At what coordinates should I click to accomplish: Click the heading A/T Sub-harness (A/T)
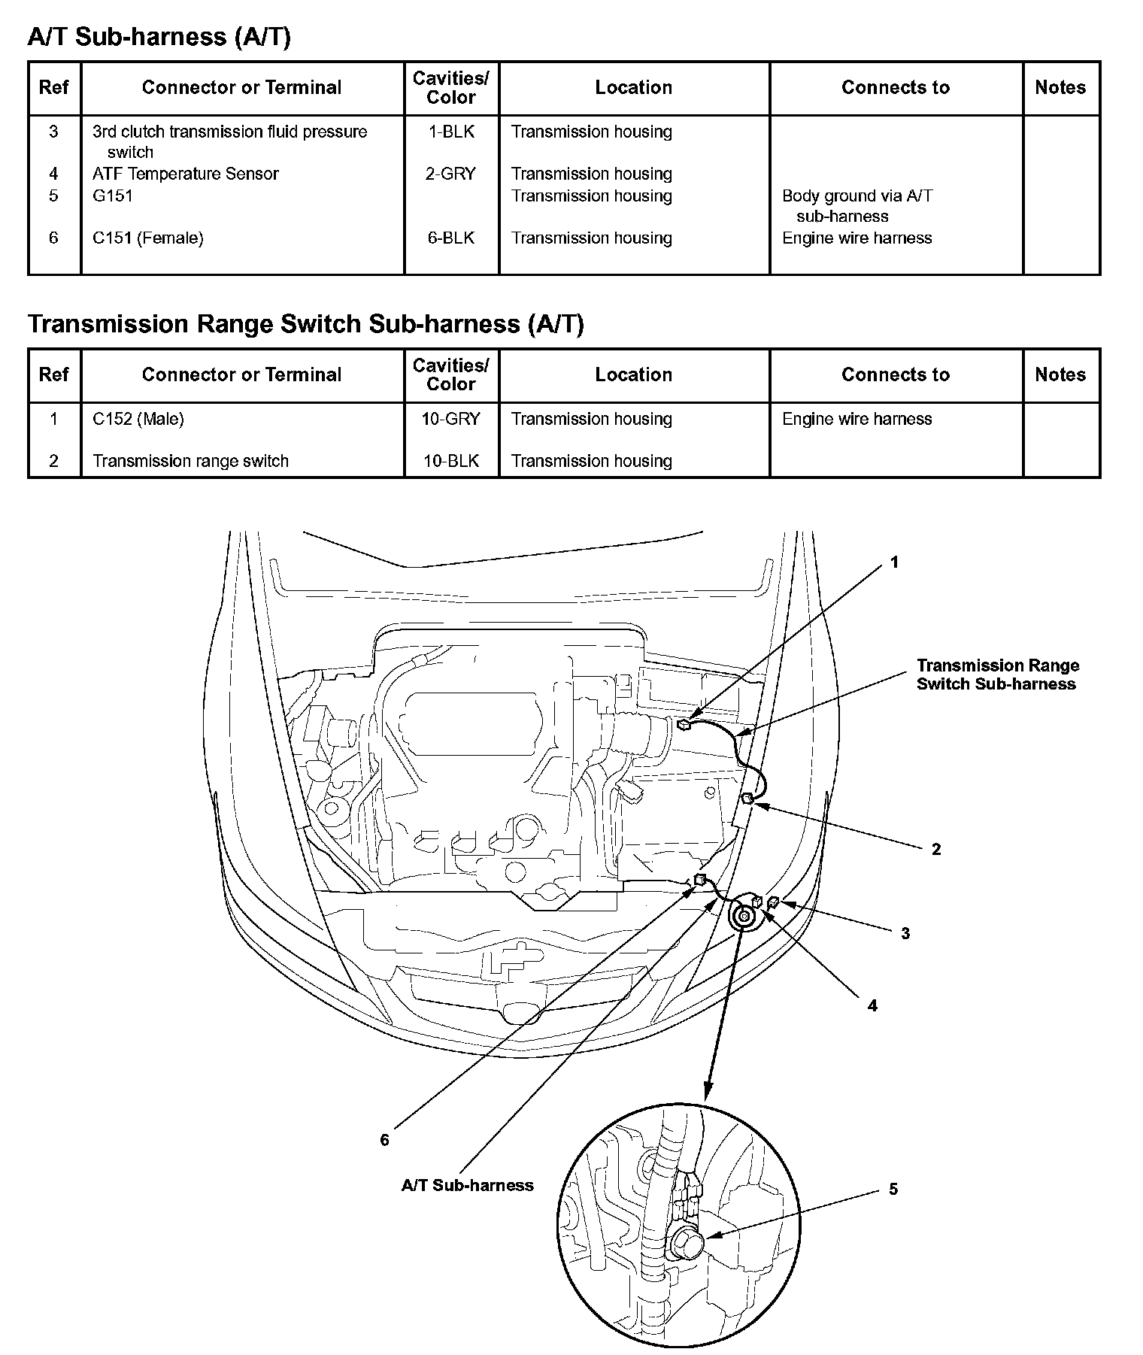pos(159,36)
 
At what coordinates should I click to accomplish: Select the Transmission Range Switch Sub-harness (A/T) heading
pos(305,323)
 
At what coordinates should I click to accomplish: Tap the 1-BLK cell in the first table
pos(451,132)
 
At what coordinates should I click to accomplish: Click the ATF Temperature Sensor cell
pos(185,174)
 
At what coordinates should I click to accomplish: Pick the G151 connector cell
pos(113,196)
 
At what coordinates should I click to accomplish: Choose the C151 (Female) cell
pos(147,238)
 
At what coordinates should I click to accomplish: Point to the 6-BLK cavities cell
pos(451,238)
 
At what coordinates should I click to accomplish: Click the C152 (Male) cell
pos(138,419)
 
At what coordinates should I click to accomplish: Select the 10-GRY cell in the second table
pos(451,419)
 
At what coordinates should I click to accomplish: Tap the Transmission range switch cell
pos(190,461)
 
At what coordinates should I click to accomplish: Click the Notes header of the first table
pos(1060,87)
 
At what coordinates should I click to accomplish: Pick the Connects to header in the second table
pos(896,374)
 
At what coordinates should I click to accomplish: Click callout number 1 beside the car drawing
pos(894,562)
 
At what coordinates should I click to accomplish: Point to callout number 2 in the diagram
pos(936,849)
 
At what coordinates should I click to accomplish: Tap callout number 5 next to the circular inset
pos(893,1189)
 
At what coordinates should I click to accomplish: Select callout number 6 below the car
pos(384,1140)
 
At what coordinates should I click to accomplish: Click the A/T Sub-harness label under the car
pos(467,1185)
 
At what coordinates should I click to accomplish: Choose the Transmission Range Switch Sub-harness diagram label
pos(997,674)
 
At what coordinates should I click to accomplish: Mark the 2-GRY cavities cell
pos(451,174)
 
